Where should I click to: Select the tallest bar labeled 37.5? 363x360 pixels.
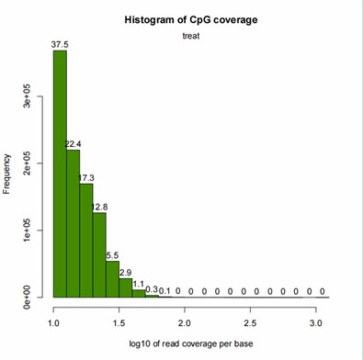tap(60, 174)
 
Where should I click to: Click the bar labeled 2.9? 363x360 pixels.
tap(125, 287)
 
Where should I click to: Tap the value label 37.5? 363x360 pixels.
tap(60, 43)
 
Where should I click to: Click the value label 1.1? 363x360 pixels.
tap(139, 284)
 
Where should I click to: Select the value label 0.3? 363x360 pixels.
tap(152, 290)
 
